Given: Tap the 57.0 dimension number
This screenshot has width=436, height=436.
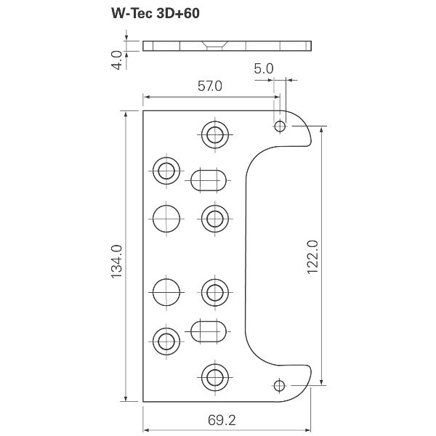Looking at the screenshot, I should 209,86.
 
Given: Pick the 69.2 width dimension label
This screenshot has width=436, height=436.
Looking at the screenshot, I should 225,419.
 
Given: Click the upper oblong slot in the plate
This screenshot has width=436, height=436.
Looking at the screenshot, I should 209,179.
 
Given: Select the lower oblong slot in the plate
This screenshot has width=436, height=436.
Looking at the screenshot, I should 209,331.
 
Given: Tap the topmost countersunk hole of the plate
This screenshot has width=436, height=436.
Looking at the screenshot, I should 214,134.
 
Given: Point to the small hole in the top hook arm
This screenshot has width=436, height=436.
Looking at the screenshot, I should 280,126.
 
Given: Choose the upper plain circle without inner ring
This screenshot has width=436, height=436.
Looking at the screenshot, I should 166,217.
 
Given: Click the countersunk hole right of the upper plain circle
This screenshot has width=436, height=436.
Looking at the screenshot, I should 214,217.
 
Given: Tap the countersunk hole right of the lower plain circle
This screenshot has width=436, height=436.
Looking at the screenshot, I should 214,293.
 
